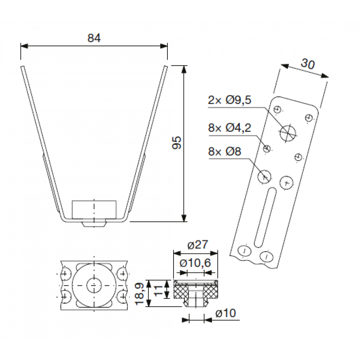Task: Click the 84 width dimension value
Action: click(x=94, y=38)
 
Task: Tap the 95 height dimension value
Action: click(x=177, y=143)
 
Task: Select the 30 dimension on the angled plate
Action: click(x=308, y=64)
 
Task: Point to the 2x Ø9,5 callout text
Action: click(x=230, y=100)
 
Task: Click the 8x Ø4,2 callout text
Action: click(x=230, y=128)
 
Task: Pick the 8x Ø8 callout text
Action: click(x=225, y=152)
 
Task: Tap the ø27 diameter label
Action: click(x=198, y=245)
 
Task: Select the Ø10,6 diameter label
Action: click(x=195, y=263)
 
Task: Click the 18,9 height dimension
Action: click(x=139, y=293)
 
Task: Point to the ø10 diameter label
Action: click(x=226, y=313)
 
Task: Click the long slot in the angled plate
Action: click(x=265, y=217)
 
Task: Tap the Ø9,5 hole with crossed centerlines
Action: click(x=287, y=133)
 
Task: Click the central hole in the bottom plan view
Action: click(x=94, y=285)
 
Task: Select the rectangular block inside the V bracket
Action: click(x=94, y=210)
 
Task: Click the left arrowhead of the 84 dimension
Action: click(x=24, y=46)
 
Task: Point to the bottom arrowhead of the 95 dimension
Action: click(x=184, y=218)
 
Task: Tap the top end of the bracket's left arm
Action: click(x=22, y=67)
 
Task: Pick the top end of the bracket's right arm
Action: click(x=166, y=67)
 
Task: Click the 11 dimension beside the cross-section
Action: click(x=158, y=291)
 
